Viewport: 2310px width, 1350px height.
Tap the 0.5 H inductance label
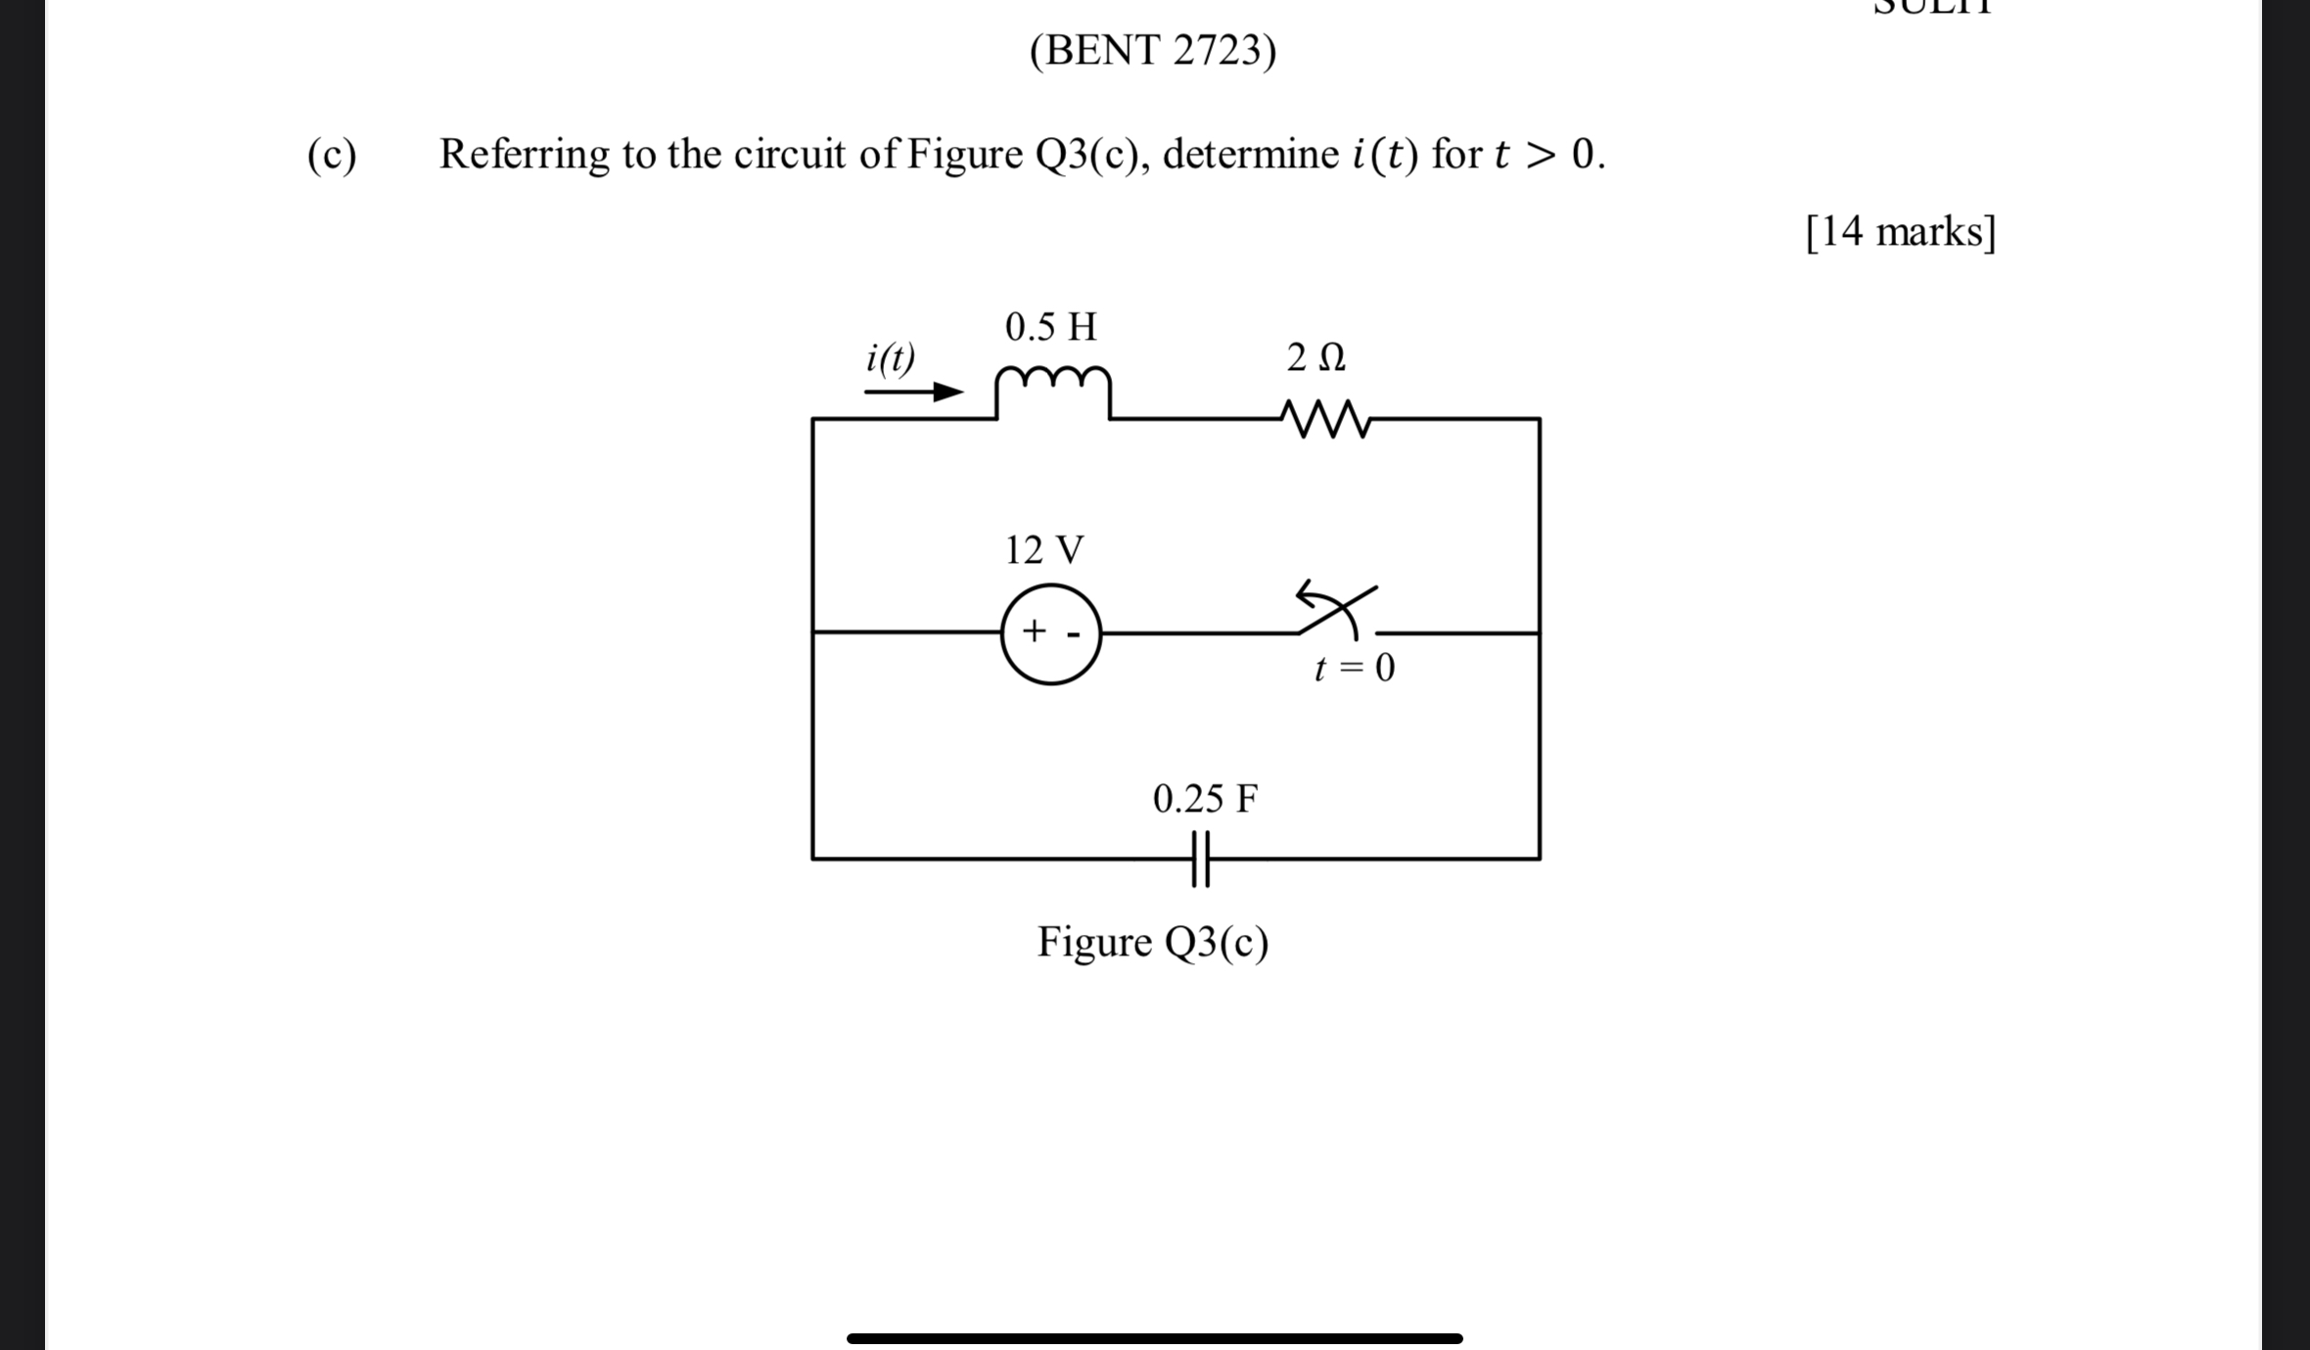coord(1051,327)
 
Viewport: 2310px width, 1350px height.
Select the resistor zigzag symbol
coord(1325,418)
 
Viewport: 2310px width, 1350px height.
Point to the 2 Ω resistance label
coord(1316,357)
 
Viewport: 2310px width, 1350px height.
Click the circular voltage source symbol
coord(1051,633)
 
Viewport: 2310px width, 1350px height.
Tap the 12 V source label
coord(1044,550)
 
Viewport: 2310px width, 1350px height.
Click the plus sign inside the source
coord(1034,630)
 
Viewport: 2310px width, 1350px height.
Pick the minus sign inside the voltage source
coord(1074,634)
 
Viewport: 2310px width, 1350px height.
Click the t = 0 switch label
coord(1355,669)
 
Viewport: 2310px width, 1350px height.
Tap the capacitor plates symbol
coord(1201,859)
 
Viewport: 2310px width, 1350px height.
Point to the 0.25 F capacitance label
coord(1205,799)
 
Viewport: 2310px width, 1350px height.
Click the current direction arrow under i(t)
coord(913,393)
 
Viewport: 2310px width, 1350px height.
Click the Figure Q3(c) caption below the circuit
coord(1153,942)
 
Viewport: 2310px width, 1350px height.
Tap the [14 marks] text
coord(1900,232)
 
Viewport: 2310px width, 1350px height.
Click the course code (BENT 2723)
coord(1153,50)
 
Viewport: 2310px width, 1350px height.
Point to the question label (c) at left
coord(332,155)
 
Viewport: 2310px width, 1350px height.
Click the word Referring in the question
coord(523,155)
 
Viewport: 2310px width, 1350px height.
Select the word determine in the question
coord(1250,154)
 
